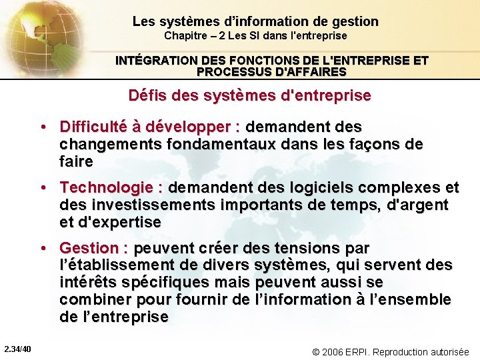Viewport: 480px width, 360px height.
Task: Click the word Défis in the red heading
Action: (x=146, y=95)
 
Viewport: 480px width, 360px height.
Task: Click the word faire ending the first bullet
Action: (x=76, y=161)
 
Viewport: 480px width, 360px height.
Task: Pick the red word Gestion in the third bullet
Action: (x=89, y=248)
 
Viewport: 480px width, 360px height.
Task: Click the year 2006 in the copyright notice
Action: (x=333, y=351)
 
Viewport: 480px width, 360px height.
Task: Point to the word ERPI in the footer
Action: (x=360, y=351)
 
